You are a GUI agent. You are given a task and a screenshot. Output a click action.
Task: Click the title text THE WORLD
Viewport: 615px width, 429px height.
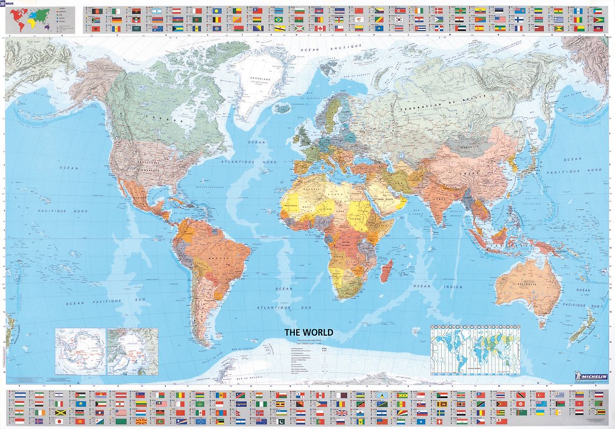[x=309, y=332]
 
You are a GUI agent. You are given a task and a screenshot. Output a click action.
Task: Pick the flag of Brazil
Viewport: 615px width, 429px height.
[x=279, y=19]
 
